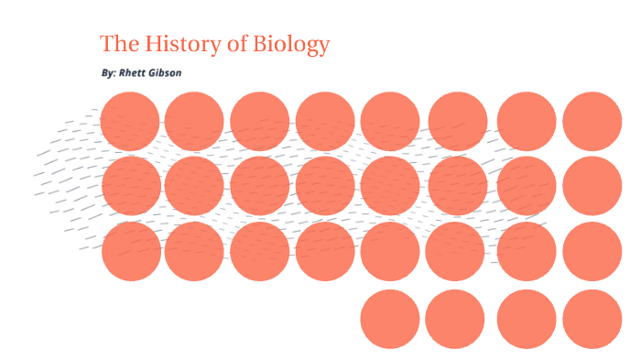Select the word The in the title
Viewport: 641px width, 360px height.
[x=118, y=44]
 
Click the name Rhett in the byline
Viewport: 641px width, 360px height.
[x=134, y=72]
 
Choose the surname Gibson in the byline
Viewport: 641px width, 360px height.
[x=166, y=72]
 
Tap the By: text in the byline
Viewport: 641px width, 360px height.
[x=108, y=72]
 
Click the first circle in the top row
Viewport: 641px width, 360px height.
[x=130, y=121]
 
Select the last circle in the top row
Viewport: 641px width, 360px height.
[x=592, y=121]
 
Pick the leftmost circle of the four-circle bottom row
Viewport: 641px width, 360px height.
[x=390, y=319]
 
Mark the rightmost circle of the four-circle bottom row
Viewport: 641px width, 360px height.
[x=592, y=319]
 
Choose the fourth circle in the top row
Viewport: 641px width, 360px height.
[x=325, y=121]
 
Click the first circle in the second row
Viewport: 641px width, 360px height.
[x=131, y=186]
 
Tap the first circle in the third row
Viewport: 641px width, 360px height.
[x=131, y=251]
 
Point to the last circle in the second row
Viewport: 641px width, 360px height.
[x=592, y=186]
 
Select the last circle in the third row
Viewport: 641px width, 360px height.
[x=592, y=251]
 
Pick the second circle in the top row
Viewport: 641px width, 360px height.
[x=194, y=121]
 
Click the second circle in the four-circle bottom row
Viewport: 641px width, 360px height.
[x=454, y=319]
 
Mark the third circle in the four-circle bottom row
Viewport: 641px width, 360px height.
[x=527, y=319]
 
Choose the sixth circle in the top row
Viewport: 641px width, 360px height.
[x=458, y=121]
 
